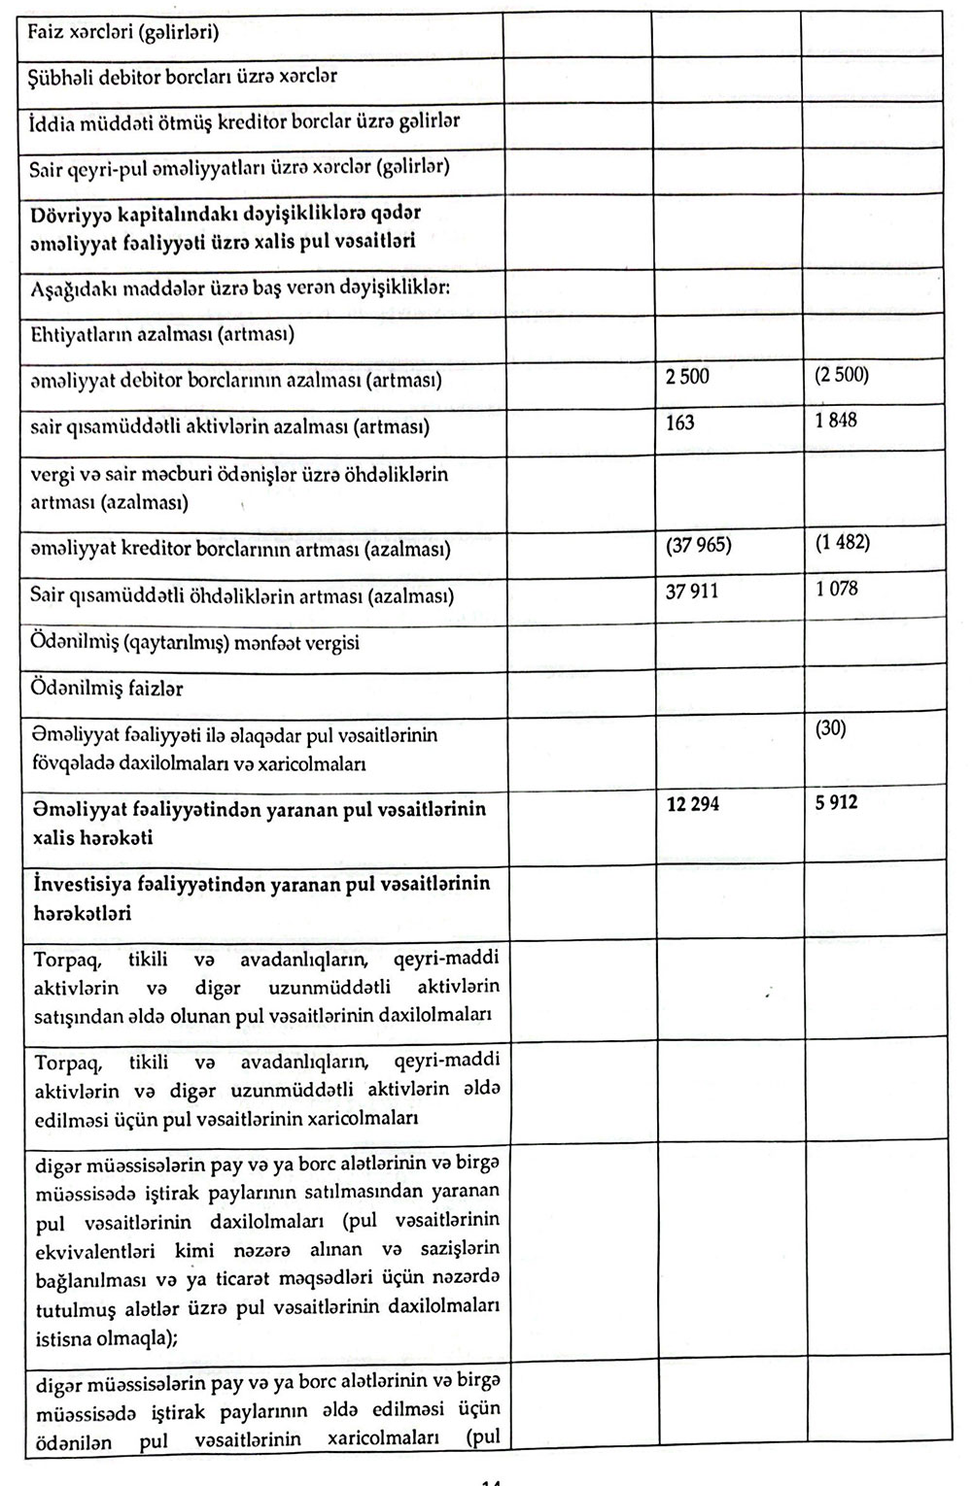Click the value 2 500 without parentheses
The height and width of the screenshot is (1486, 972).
pyautogui.click(x=687, y=377)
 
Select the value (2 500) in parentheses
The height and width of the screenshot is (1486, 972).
pyautogui.click(x=842, y=375)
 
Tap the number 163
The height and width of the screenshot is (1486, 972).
pyautogui.click(x=679, y=422)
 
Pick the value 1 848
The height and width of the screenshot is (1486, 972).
pyautogui.click(x=837, y=421)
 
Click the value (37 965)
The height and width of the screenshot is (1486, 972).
pyautogui.click(x=698, y=545)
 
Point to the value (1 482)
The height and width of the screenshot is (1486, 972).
pyautogui.click(x=843, y=542)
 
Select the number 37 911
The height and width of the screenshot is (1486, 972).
pyautogui.click(x=692, y=591)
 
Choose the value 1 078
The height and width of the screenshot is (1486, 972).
pyautogui.click(x=837, y=588)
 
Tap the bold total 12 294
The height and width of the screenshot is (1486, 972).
pyautogui.click(x=693, y=805)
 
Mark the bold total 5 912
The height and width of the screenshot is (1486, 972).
pyautogui.click(x=837, y=803)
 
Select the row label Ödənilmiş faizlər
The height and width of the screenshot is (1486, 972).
pyautogui.click(x=106, y=690)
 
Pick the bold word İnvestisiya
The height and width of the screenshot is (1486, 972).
pyautogui.click(x=81, y=885)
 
